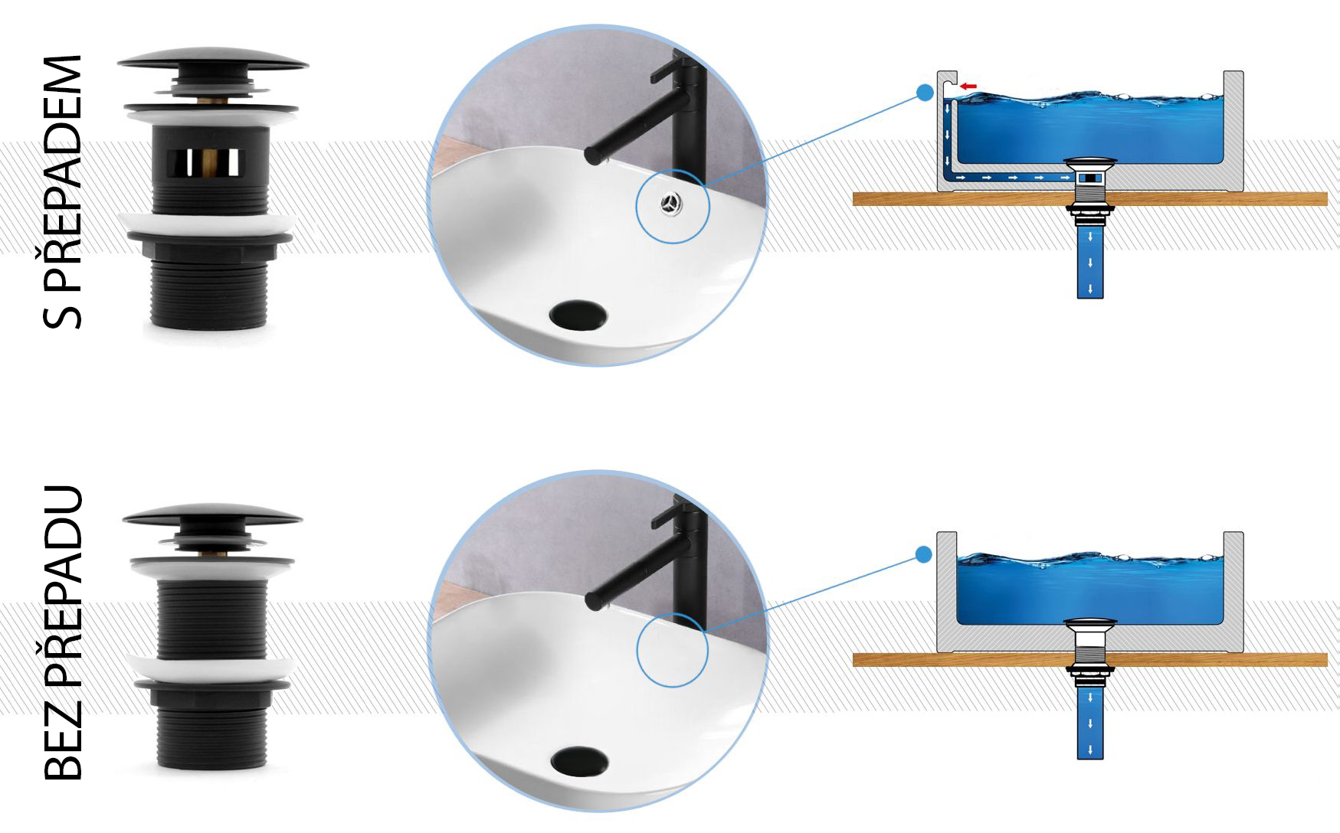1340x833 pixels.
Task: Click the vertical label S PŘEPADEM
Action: (x=63, y=191)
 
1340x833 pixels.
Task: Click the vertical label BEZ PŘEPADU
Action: (x=63, y=632)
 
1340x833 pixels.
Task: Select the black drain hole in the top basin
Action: (x=578, y=315)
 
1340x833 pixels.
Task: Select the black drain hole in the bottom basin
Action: (x=579, y=761)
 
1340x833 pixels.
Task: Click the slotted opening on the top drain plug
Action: (x=203, y=161)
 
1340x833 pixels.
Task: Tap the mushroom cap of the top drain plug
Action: (x=213, y=61)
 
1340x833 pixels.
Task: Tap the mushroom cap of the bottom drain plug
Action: (x=212, y=514)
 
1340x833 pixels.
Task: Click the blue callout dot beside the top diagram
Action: (x=926, y=93)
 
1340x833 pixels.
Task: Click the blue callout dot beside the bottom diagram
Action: (x=924, y=554)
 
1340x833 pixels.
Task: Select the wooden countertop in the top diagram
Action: (x=1089, y=199)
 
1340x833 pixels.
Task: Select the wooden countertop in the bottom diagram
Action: (x=1089, y=660)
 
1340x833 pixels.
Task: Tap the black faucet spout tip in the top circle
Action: (x=591, y=155)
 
